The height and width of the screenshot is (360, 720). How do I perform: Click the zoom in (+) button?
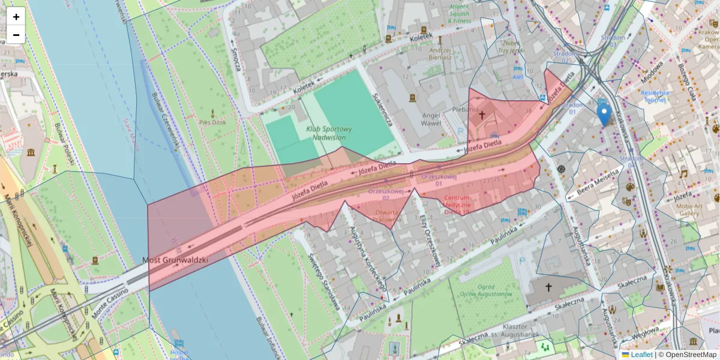coord(16,17)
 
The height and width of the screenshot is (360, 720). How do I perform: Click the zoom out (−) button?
coord(16,35)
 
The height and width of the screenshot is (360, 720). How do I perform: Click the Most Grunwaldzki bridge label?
coord(175,260)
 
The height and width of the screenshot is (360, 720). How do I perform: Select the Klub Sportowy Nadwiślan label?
coord(329,133)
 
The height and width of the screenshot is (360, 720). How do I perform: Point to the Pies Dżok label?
coord(213,122)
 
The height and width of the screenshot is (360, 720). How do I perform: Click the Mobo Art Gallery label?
coord(690,209)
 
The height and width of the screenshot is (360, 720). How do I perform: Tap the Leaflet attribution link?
coord(641,355)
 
